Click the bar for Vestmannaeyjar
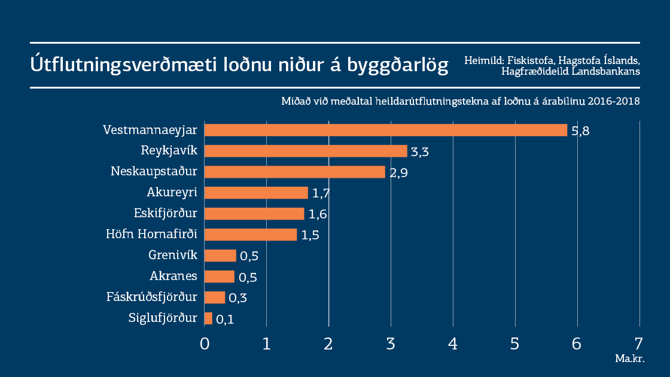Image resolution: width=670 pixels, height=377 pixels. (385, 130)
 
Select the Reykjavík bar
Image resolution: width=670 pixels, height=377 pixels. (306, 151)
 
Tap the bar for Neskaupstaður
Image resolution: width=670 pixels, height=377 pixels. (294, 172)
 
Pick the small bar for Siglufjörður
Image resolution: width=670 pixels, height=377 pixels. (208, 318)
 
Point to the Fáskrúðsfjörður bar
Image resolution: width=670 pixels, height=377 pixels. (215, 297)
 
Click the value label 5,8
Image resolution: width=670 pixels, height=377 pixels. (580, 132)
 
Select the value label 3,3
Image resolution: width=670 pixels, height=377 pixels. (420, 152)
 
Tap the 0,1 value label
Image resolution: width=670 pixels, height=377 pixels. (224, 320)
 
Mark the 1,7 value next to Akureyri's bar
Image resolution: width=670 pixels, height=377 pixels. (321, 194)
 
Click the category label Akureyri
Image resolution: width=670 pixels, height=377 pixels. (172, 193)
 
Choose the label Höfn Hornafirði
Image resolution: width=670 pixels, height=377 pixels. (151, 235)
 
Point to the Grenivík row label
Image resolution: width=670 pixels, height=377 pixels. (173, 256)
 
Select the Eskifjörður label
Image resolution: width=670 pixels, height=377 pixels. (166, 214)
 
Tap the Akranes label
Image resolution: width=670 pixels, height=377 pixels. (173, 276)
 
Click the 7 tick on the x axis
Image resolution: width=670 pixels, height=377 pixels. (639, 344)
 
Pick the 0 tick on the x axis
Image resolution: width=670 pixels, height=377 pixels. (205, 344)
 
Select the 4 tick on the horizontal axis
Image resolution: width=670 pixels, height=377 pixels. (453, 344)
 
